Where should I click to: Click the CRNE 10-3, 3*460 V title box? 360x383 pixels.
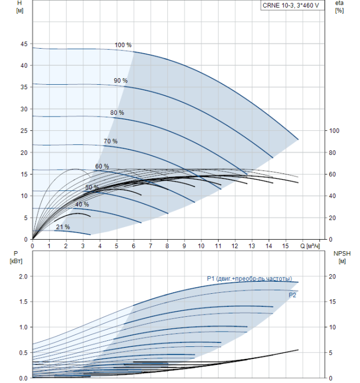(292, 5)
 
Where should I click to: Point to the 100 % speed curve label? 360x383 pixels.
(123, 45)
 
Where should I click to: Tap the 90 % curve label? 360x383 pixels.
(121, 80)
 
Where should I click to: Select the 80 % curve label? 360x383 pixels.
(117, 113)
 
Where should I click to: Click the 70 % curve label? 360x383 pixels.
(111, 141)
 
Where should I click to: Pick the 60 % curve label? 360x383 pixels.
(102, 166)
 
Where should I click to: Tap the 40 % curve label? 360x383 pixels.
(82, 205)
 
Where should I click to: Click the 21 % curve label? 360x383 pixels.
(63, 227)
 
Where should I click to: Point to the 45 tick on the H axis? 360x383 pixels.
(24, 44)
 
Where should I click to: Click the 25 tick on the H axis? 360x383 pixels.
(24, 131)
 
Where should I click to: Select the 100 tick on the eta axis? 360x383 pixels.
(334, 131)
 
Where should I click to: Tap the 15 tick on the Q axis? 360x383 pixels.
(285, 246)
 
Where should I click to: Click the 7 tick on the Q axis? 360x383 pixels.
(150, 246)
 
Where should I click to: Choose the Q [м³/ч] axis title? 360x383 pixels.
(310, 246)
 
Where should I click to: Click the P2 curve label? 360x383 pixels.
(292, 295)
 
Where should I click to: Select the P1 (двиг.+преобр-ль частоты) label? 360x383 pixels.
(249, 278)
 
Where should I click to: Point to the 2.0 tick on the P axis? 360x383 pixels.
(24, 276)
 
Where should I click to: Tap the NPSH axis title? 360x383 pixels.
(342, 254)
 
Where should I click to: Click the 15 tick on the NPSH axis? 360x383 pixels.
(333, 301)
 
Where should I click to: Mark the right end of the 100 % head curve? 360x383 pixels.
(298, 140)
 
